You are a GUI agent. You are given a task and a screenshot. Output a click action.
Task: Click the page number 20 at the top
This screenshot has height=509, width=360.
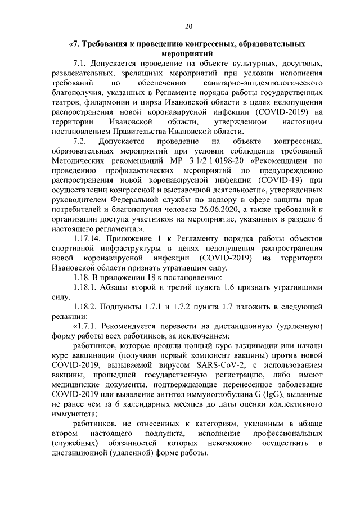click(188, 25)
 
